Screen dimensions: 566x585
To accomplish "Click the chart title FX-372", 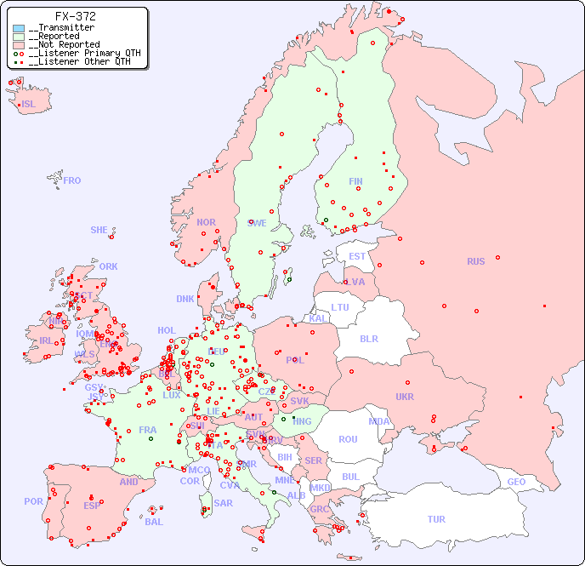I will coord(75,16).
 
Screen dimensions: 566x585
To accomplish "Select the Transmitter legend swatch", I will coord(19,28).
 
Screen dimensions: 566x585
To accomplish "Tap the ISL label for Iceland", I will coord(29,105).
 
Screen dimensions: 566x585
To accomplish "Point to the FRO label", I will coord(72,180).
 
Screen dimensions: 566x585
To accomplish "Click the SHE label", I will coord(99,230).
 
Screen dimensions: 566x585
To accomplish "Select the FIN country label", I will coord(355,181).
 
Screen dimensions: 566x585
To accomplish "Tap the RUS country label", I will coord(475,261).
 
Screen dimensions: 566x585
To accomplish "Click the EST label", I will coord(357,256).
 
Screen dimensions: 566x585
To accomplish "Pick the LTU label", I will coord(340,307).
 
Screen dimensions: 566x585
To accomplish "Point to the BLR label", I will coord(368,338).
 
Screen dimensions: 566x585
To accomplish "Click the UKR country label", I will coord(404,397).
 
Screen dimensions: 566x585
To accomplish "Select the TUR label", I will coord(436,519).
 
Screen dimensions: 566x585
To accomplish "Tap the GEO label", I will coord(516,482).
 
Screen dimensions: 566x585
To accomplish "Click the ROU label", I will coord(348,439).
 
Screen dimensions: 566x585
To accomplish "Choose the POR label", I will coord(33,501).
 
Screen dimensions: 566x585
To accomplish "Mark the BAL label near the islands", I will coord(154,522).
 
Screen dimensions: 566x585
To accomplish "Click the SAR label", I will coord(223,503).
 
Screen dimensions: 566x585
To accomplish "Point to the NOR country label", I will coord(206,222).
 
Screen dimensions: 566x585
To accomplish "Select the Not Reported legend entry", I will coord(64,44).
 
